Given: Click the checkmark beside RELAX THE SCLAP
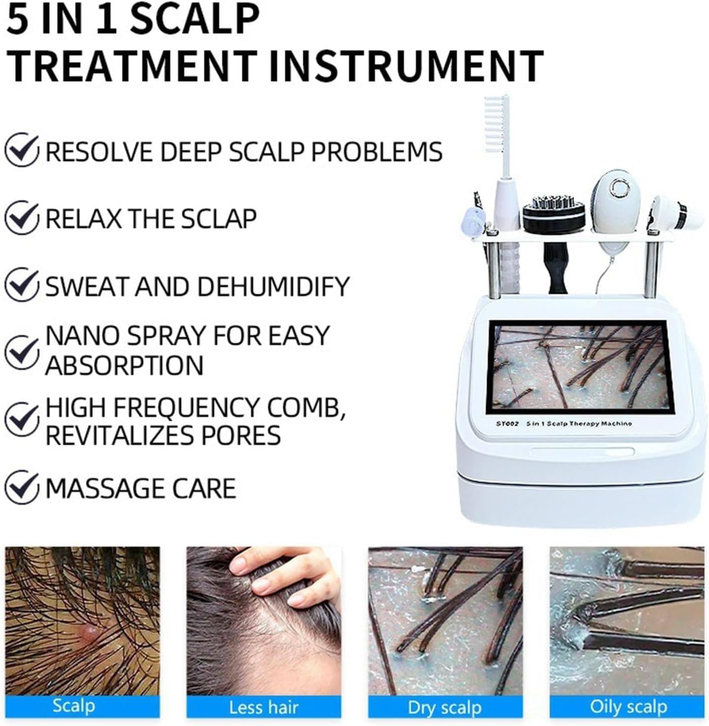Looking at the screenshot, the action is point(21,218).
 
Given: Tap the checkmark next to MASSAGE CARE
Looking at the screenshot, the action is point(21,488).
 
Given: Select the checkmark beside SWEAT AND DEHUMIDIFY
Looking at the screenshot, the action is point(21,286).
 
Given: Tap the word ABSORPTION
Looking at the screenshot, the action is point(124,364).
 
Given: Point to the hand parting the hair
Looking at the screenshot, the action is point(284,575).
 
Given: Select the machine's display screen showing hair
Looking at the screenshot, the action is point(580,367).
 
